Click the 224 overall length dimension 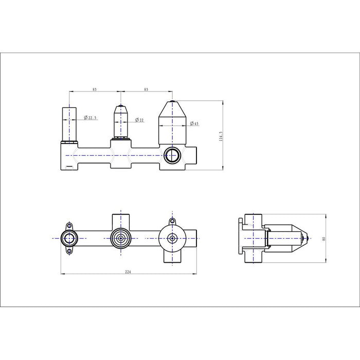[x=128, y=272]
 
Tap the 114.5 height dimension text [x=221, y=136]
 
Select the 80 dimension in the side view [x=324, y=239]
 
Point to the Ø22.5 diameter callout [x=90, y=118]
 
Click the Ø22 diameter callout [x=139, y=120]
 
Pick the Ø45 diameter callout [x=194, y=123]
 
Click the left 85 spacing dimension [x=95, y=89]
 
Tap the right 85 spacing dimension [x=146, y=89]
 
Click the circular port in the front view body [x=172, y=156]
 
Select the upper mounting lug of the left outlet [x=69, y=226]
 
